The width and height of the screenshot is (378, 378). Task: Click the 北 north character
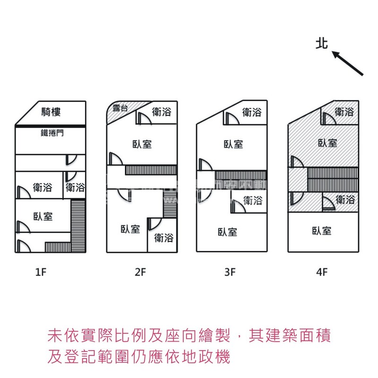322,43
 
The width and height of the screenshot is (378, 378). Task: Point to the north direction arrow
347,63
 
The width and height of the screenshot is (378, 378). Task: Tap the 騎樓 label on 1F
51,112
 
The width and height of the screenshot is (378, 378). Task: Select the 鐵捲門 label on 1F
52,133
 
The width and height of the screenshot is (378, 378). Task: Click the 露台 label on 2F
120,108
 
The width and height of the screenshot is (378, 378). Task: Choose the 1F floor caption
41,272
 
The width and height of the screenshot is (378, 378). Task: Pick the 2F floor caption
140,272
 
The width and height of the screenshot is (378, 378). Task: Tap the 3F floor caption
230,272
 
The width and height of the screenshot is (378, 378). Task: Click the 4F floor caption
322,272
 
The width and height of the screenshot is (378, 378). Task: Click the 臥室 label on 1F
43,216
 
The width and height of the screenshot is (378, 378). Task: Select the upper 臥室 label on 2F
142,144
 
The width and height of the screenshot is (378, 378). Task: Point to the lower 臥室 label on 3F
227,232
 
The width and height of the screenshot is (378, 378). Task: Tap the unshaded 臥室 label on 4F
322,231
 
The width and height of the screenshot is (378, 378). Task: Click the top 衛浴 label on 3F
252,112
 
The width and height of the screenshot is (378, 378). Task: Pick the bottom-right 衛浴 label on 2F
163,238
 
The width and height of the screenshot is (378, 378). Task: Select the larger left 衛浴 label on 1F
43,187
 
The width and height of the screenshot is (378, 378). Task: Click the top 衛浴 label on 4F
344,112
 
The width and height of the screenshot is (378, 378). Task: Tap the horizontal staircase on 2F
151,170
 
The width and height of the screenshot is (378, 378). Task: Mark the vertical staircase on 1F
78,226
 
